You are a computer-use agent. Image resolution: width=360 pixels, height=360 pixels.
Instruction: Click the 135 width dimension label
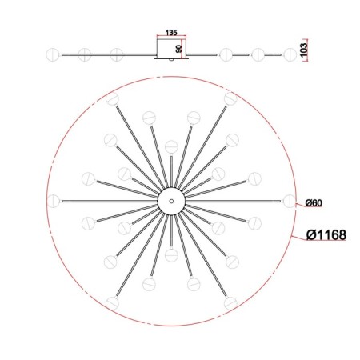click(x=171, y=33)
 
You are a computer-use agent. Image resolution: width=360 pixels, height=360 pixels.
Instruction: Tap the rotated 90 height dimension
click(x=178, y=49)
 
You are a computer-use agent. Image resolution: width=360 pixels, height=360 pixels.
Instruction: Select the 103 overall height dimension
click(x=304, y=50)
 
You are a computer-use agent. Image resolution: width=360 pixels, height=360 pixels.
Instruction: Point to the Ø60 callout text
click(x=314, y=203)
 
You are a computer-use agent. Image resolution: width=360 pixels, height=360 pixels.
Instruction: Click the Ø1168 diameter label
click(x=326, y=235)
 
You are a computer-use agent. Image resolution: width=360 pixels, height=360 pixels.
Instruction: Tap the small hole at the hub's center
click(x=171, y=201)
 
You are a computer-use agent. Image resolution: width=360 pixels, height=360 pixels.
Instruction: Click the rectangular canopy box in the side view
click(x=171, y=48)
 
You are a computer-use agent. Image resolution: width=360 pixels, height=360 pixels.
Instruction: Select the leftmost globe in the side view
click(x=52, y=54)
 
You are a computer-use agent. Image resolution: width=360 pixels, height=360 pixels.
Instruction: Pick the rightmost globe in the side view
click(x=290, y=54)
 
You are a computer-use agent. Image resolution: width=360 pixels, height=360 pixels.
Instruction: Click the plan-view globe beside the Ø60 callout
click(x=290, y=201)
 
